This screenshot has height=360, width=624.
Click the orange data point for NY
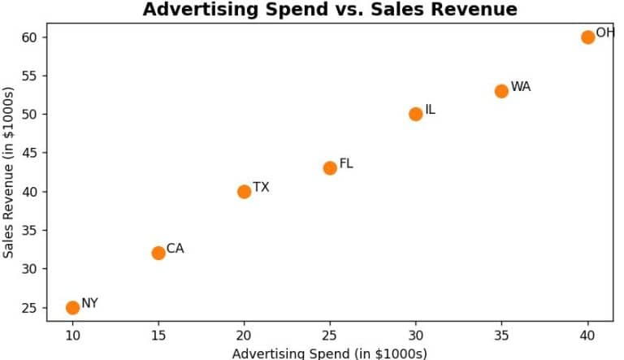72,307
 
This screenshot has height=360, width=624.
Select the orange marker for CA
158,253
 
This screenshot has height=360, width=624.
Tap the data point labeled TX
244,192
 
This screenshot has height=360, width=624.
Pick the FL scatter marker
330,168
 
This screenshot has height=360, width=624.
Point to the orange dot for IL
416,114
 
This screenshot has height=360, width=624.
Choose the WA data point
501,91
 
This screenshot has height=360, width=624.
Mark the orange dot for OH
587,37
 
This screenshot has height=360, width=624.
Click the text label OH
605,33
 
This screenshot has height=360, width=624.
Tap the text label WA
521,87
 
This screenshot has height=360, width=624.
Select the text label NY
90,303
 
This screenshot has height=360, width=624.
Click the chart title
330,10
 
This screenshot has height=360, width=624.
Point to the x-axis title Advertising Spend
330,353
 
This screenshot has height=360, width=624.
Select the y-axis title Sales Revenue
9,177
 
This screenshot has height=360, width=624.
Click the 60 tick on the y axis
29,37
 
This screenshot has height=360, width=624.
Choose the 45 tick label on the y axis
29,153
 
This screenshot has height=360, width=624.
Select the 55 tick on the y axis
29,76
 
